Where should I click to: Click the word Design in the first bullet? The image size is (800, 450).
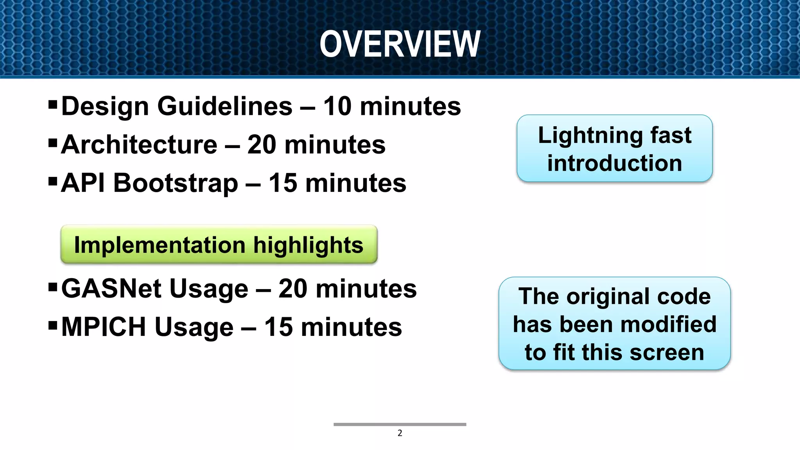pyautogui.click(x=105, y=106)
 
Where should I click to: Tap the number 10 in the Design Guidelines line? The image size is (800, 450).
pyautogui.click(x=337, y=106)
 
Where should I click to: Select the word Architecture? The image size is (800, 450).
pyautogui.click(x=139, y=145)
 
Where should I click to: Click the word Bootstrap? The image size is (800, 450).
pyautogui.click(x=175, y=183)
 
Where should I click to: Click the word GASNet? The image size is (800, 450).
pyautogui.click(x=111, y=289)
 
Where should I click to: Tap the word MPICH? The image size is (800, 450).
pyautogui.click(x=104, y=327)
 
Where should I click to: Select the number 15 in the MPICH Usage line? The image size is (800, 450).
pyautogui.click(x=279, y=327)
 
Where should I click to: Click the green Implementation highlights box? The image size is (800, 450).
pyautogui.click(x=219, y=245)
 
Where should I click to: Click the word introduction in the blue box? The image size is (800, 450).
pyautogui.click(x=614, y=163)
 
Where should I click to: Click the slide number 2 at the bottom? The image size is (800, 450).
pyautogui.click(x=400, y=433)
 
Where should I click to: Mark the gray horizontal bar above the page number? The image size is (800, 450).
pyautogui.click(x=400, y=424)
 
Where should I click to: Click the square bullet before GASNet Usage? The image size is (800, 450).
pyautogui.click(x=53, y=287)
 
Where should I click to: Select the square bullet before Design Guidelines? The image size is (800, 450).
pyautogui.click(x=53, y=105)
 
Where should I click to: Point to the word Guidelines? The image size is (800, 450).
pyautogui.click(x=225, y=106)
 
